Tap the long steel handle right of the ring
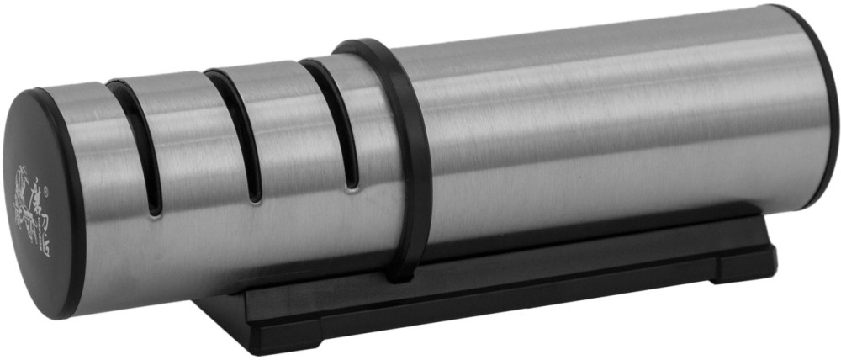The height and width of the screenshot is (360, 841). (606, 126)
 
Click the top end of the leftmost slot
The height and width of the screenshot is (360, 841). (119, 88)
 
